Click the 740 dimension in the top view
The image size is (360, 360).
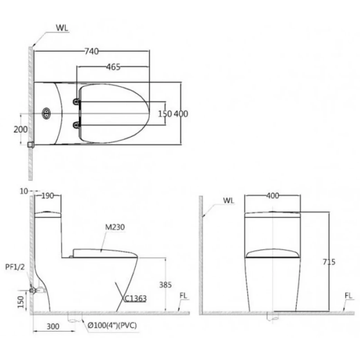click(92, 51)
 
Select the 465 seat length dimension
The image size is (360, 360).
click(113, 67)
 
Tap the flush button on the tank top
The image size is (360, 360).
click(46, 113)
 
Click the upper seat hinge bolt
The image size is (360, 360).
click(76, 102)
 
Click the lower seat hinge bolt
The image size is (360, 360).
click(76, 125)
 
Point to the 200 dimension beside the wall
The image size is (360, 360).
click(20, 129)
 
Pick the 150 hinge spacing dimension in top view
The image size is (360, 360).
click(165, 114)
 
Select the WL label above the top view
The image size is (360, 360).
click(62, 28)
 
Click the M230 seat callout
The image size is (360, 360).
click(115, 227)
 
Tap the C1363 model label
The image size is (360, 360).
click(135, 298)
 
